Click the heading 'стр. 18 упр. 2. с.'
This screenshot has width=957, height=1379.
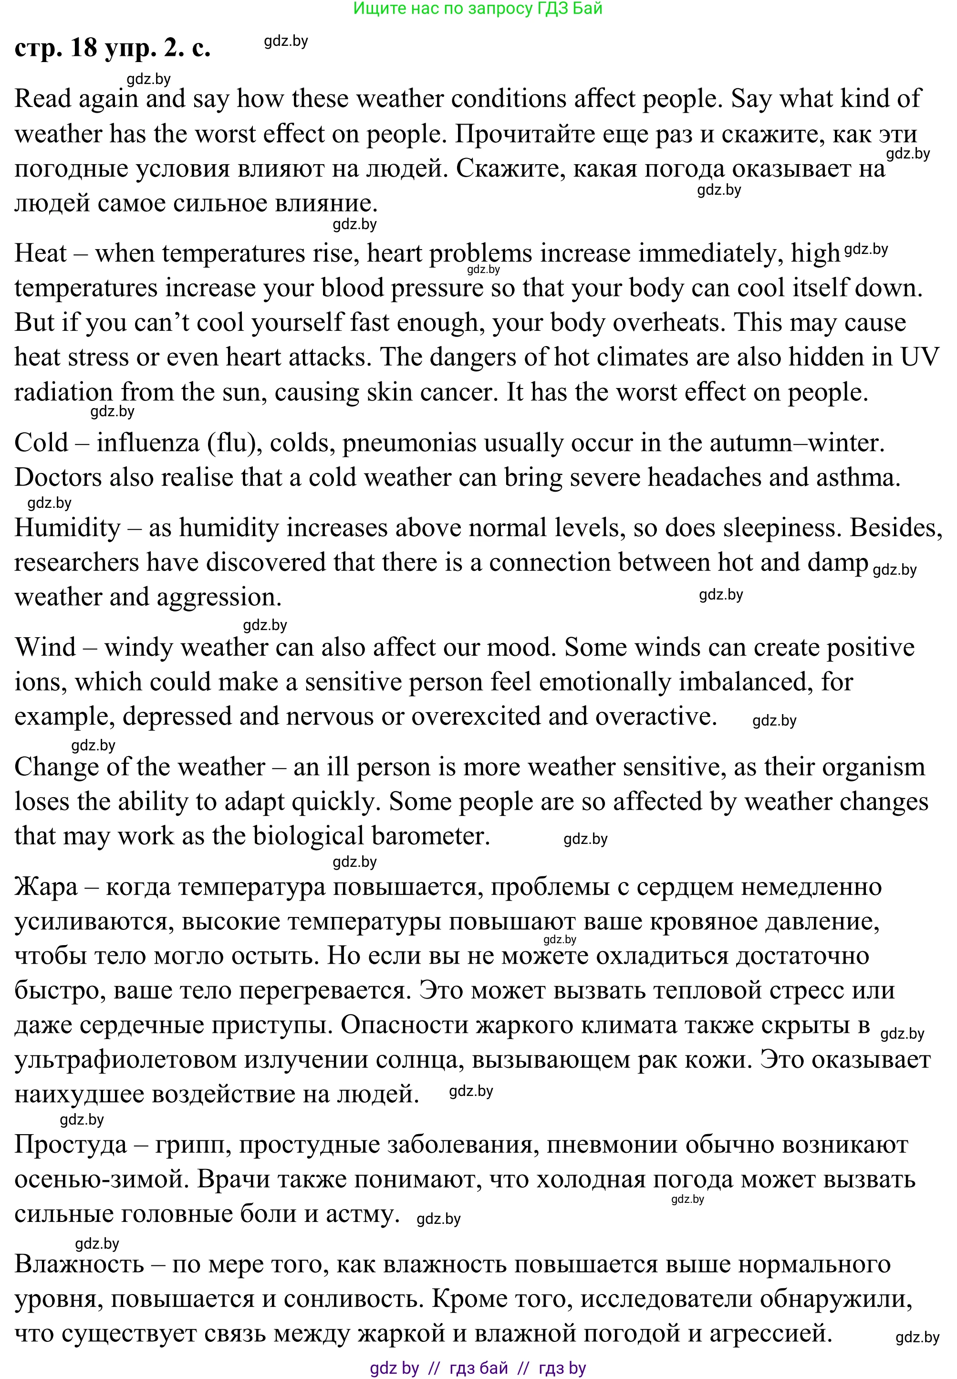(112, 48)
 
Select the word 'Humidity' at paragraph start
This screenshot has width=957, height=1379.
(68, 528)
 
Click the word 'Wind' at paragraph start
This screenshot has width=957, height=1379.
(45, 648)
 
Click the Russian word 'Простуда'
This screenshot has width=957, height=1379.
(70, 1145)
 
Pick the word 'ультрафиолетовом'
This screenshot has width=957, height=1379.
(125, 1060)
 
